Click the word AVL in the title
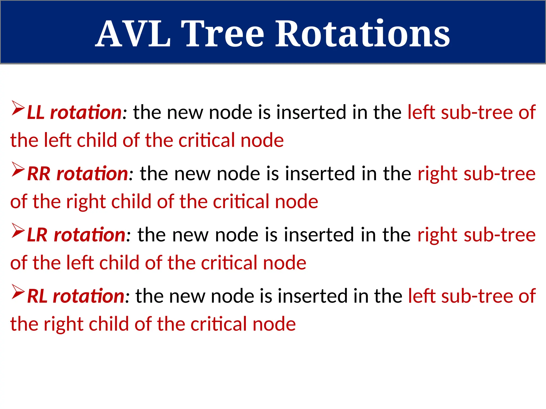[133, 34]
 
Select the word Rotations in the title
[363, 34]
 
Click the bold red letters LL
[36, 112]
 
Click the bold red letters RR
[39, 174]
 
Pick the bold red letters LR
[37, 235]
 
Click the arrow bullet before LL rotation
[18, 108]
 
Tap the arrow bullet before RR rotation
[18, 169]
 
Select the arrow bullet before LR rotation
[18, 231]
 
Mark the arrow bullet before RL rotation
[18, 292]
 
